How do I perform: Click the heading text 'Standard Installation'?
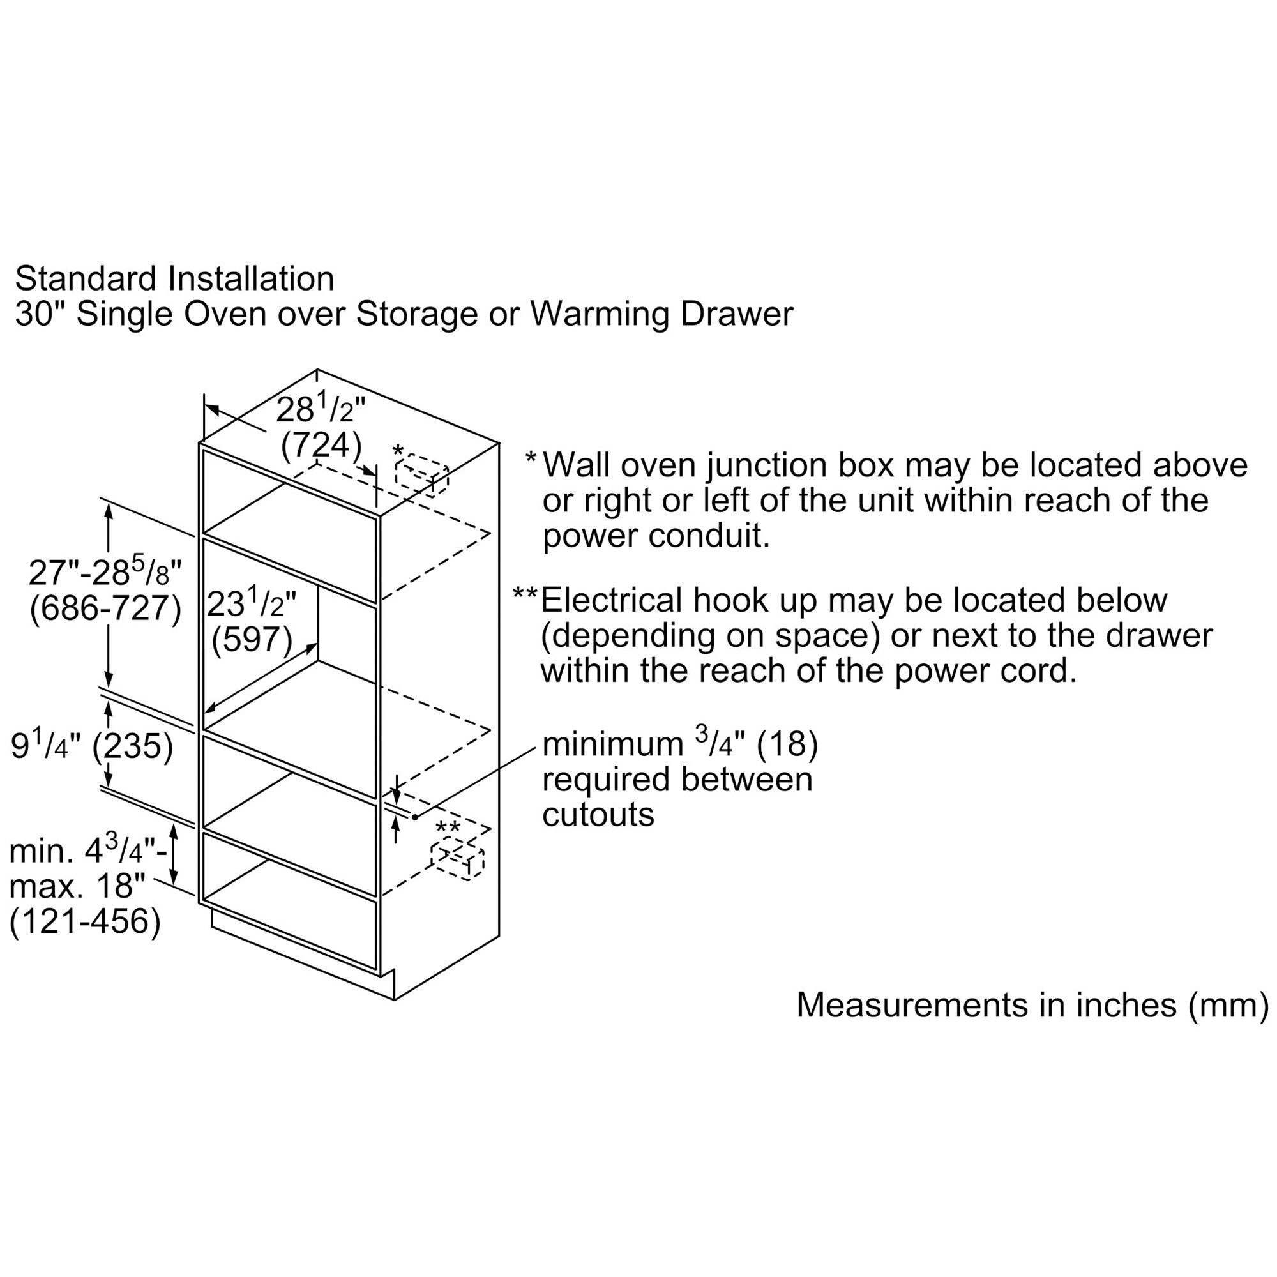pos(174,278)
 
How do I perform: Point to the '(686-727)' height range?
pos(105,607)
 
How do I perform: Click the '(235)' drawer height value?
pos(132,746)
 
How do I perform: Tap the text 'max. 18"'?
pos(77,886)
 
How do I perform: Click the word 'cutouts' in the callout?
pos(598,814)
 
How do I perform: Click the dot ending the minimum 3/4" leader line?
pos(415,817)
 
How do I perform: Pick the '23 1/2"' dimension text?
pos(252,603)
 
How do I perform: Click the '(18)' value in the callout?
pos(787,744)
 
